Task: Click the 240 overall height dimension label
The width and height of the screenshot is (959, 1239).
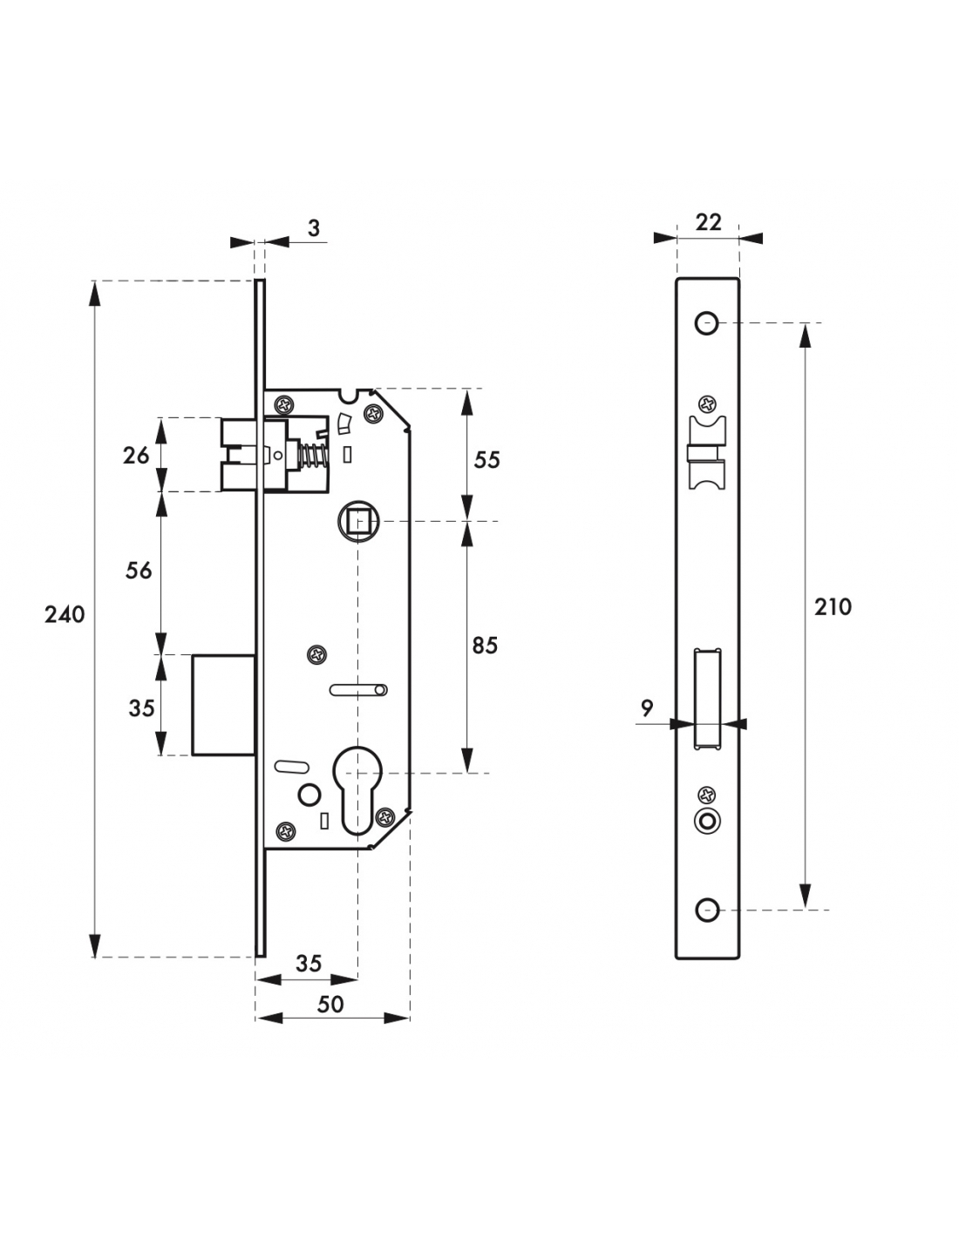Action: pos(65,615)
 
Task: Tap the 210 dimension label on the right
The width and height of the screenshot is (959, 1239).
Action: pos(833,607)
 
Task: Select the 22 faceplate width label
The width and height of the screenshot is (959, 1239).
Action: pos(709,222)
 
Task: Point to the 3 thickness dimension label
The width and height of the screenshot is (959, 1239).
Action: pos(314,228)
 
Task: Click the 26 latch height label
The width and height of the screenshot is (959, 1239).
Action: pos(136,455)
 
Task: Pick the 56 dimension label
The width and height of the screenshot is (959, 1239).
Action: pos(139,571)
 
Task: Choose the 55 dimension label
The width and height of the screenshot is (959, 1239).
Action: pos(486,460)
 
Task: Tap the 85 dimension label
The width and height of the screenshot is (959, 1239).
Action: pos(484,646)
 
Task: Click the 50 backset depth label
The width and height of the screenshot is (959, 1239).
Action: pos(330,1005)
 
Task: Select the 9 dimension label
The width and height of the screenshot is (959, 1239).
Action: pos(646,708)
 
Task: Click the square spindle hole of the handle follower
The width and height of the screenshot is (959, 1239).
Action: pos(357,522)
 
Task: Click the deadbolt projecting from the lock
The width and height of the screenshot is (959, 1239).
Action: pos(223,704)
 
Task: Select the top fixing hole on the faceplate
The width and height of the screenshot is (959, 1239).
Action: pos(706,324)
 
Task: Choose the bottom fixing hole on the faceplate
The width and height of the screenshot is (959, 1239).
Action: pos(706,911)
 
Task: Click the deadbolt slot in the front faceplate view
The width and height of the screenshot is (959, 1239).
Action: pos(708,699)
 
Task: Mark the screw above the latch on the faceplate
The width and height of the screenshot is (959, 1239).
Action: pos(707,404)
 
